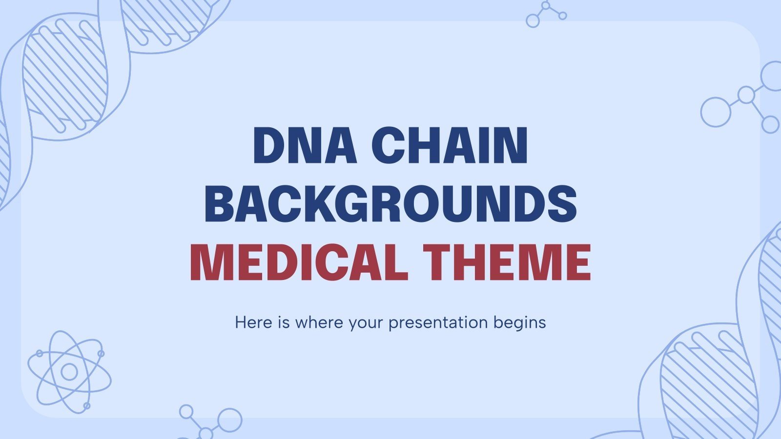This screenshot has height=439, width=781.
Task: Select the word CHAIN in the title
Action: point(450,146)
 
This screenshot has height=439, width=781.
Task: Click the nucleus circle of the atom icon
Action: point(69,372)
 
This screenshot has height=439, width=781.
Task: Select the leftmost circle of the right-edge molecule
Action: point(716,112)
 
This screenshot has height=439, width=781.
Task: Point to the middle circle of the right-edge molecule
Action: point(746,95)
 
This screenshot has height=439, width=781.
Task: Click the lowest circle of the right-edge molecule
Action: point(770,124)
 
